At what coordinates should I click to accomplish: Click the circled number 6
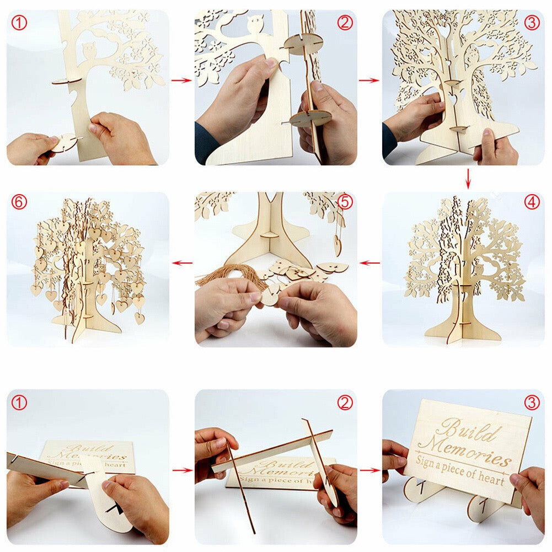[19, 202]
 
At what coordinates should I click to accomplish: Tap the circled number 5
[345, 202]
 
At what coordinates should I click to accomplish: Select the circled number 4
[532, 202]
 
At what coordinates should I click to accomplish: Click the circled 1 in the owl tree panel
[19, 23]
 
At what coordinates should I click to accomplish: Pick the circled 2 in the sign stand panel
[345, 403]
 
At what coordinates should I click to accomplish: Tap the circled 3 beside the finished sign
[532, 403]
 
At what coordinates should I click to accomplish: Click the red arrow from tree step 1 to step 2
[181, 81]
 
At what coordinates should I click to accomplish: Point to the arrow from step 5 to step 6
[181, 263]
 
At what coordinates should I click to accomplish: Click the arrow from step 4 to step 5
[369, 263]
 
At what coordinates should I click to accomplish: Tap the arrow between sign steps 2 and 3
[369, 470]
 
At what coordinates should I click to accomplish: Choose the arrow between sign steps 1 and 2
[181, 470]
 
